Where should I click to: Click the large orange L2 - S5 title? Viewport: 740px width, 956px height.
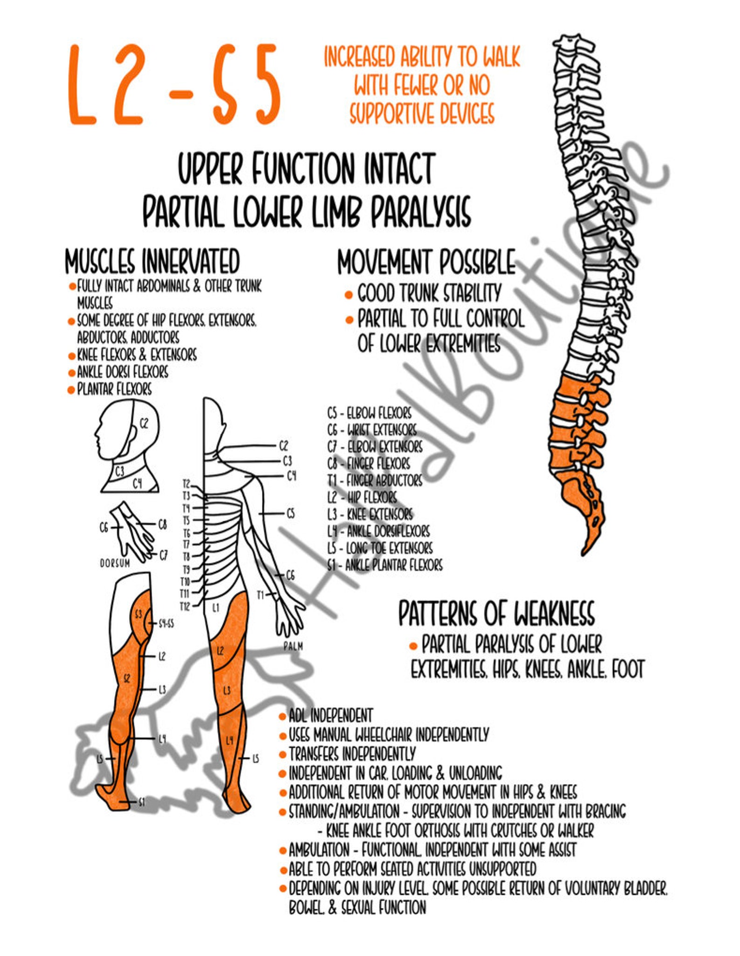pos(175,85)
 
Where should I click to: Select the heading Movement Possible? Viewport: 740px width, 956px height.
pos(426,262)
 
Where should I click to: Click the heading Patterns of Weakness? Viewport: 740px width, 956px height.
pos(496,613)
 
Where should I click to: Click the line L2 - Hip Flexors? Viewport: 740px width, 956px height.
pos(362,497)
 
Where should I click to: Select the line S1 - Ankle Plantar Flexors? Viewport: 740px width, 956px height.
pos(384,565)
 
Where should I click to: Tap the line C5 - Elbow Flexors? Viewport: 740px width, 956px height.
pos(369,413)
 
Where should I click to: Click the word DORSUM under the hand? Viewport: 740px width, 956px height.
pos(115,563)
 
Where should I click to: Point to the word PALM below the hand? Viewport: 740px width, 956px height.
pos(293,646)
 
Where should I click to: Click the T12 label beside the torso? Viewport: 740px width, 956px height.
pos(185,606)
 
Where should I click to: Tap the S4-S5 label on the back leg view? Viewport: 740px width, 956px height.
pos(166,623)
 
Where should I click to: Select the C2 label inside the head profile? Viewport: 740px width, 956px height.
pos(144,423)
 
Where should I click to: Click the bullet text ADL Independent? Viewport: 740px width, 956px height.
pos(330,715)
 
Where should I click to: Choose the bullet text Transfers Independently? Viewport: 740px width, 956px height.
pos(352,754)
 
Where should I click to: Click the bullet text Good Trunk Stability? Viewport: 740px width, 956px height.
pos(429,293)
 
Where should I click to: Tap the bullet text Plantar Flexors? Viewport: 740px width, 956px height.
pos(114,389)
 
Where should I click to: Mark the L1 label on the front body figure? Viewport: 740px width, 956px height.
pos(216,608)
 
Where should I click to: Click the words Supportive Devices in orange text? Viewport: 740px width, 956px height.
pos(422,113)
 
